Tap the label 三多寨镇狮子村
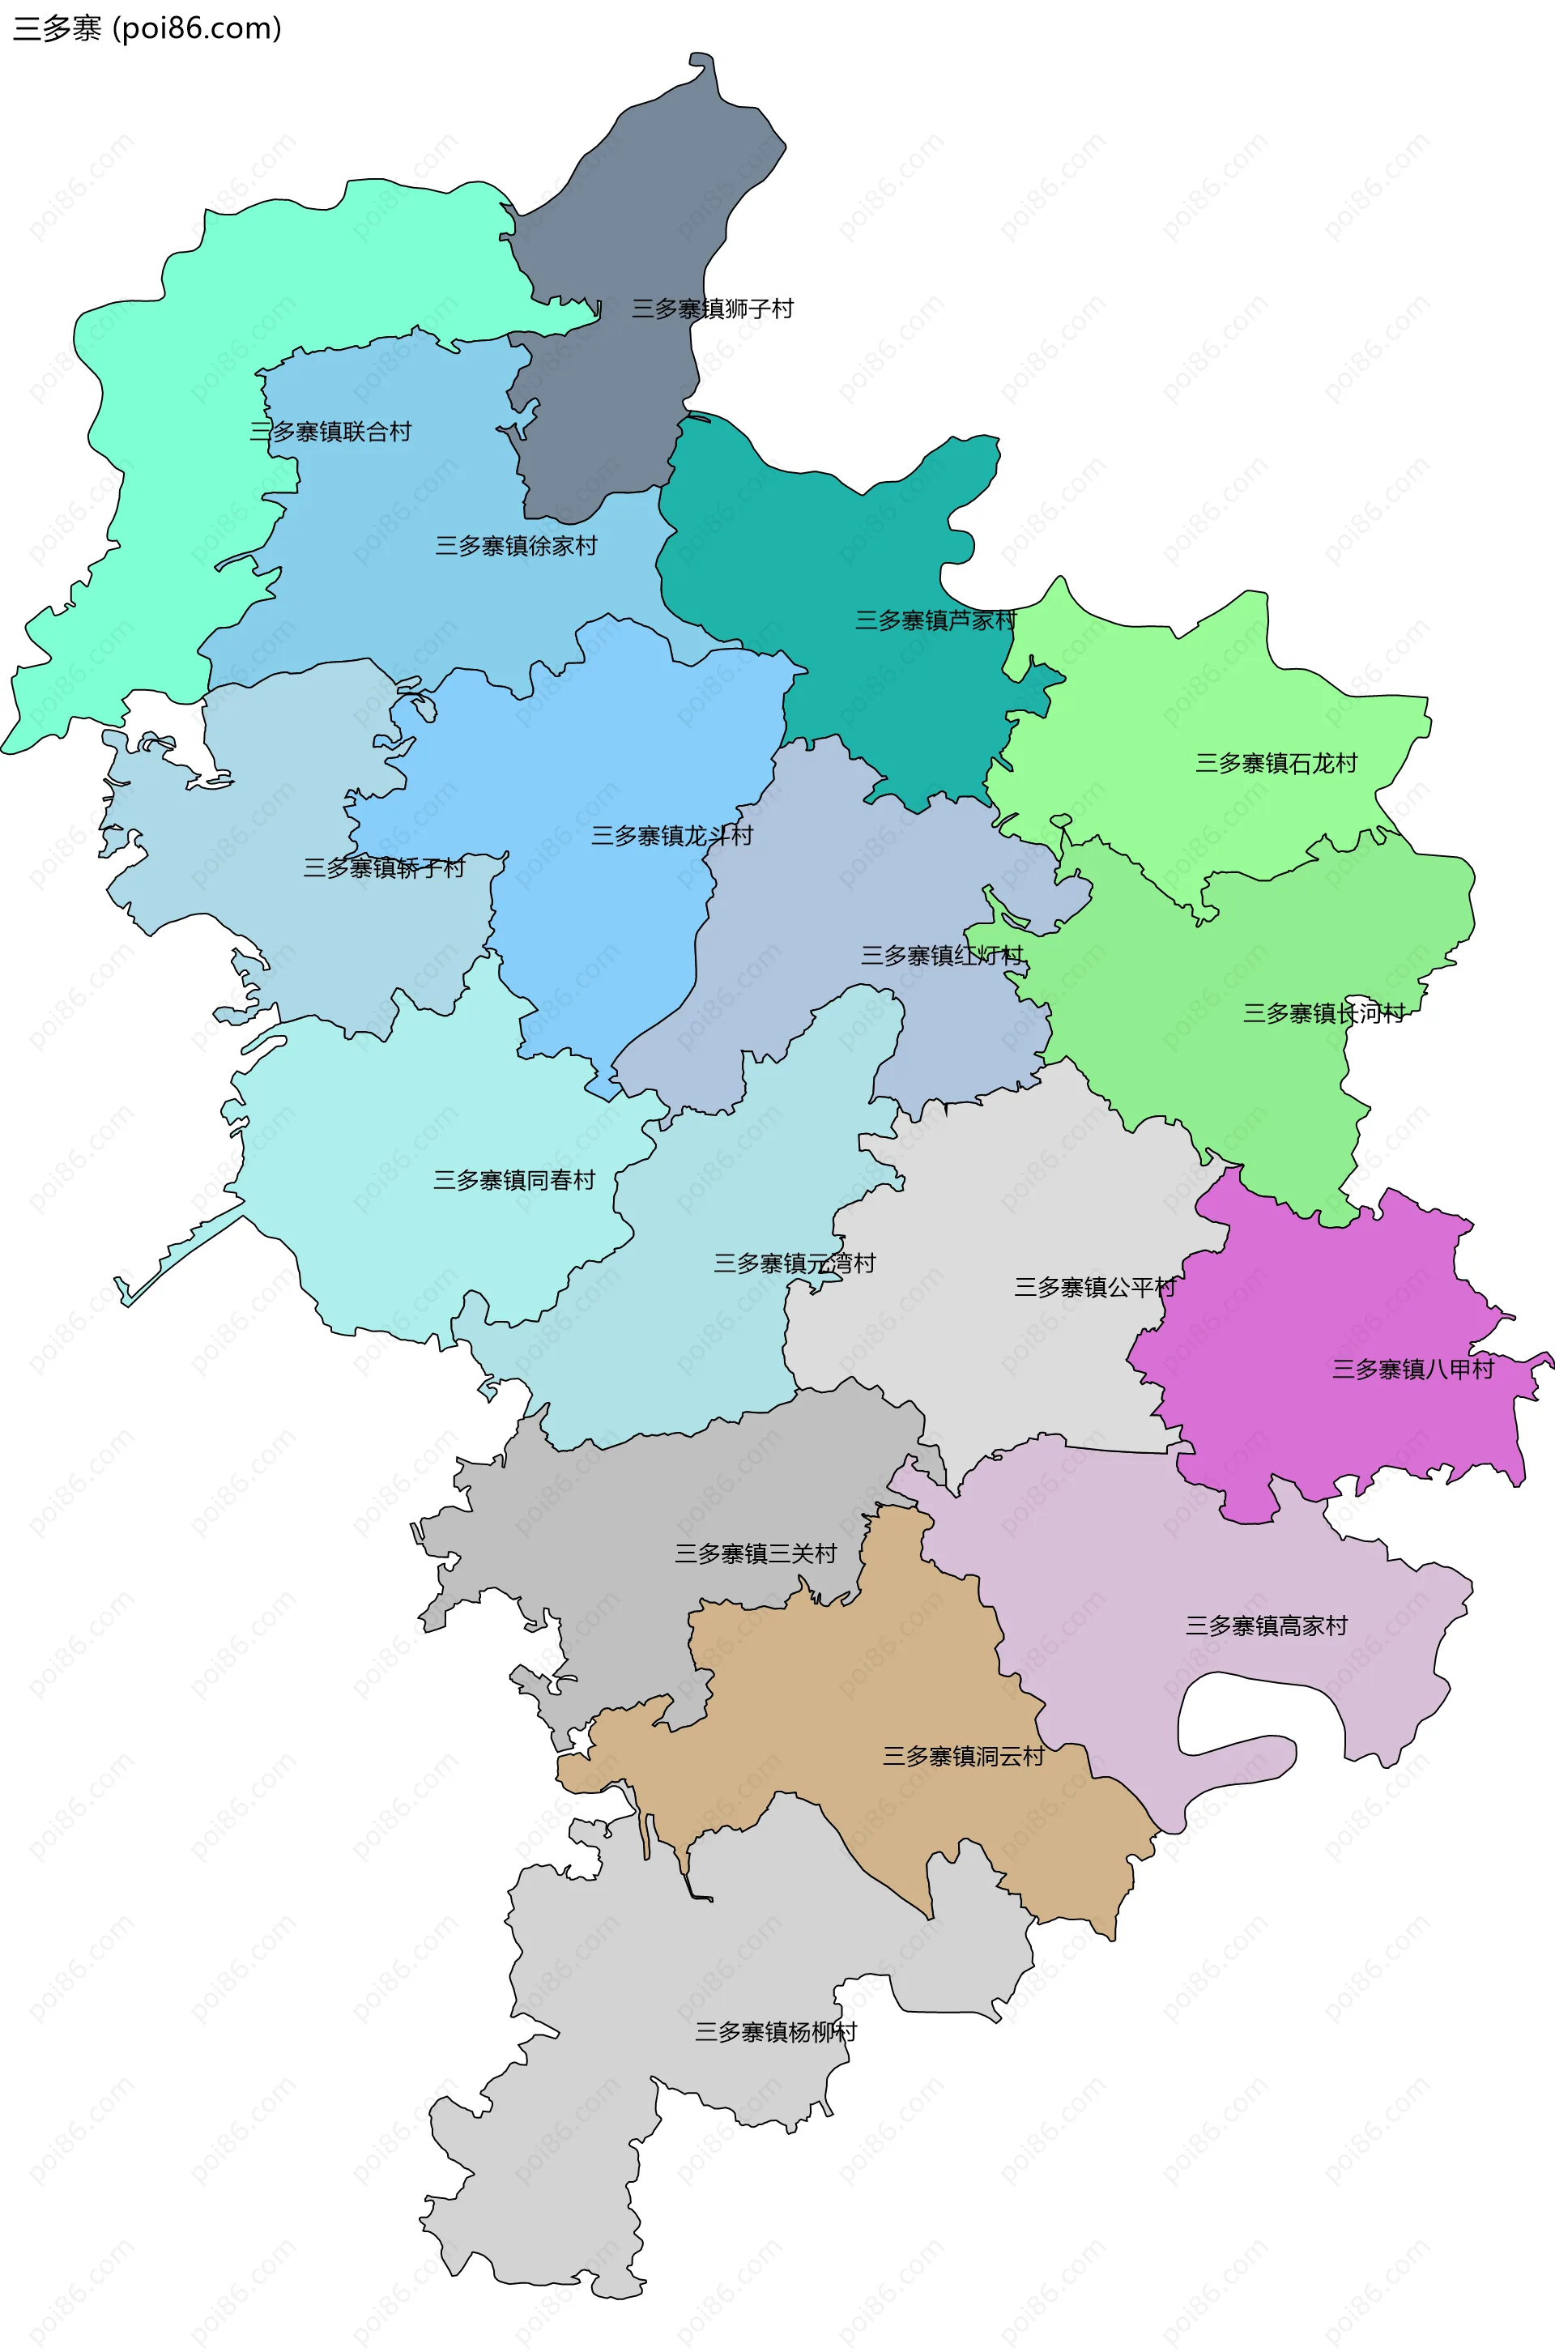coord(712,309)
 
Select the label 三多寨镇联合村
coord(330,432)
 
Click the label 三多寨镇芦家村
coord(935,620)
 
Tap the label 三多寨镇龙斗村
coord(671,836)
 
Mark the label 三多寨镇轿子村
coord(384,868)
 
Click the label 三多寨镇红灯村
coord(941,956)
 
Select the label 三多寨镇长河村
coord(1324,1013)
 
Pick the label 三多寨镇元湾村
coord(795,1263)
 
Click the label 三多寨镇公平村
coord(1095,1288)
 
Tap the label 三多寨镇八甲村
coord(1412,1370)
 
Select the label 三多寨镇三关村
coord(756,1553)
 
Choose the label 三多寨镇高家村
coord(1267,1626)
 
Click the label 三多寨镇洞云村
coord(963,1756)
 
